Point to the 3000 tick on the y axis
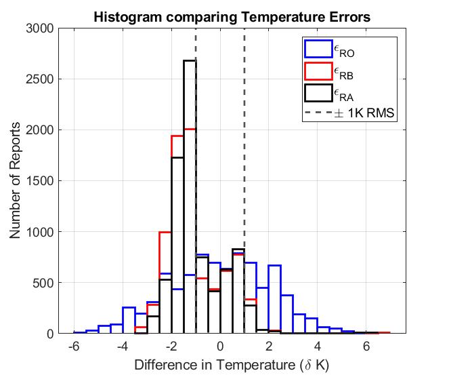(41, 28)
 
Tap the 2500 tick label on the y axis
(41, 79)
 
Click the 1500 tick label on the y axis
(41, 181)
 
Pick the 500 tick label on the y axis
(44, 283)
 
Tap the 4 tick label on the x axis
(318, 345)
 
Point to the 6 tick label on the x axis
(366, 345)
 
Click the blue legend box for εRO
(317, 49)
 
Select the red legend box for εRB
(317, 71)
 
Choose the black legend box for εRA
(317, 92)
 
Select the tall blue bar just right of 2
(274, 298)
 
